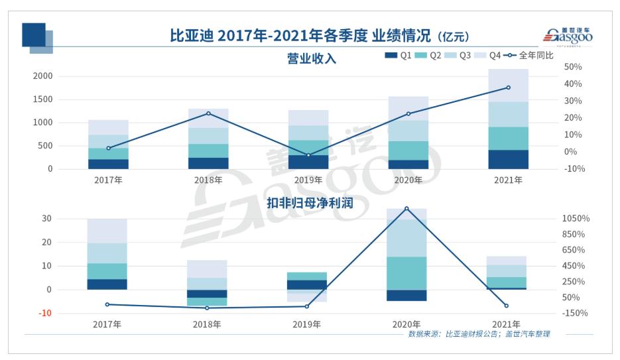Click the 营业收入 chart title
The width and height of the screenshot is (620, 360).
[x=312, y=58]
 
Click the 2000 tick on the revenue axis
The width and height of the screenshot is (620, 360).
[x=42, y=76]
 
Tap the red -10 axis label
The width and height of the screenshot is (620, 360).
[x=44, y=313]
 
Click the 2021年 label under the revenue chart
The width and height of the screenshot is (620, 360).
[x=509, y=180]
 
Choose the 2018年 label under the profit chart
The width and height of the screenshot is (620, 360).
[x=207, y=324]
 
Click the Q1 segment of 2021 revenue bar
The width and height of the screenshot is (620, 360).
[x=509, y=159]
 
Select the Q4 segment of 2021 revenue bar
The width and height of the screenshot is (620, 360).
[x=509, y=85]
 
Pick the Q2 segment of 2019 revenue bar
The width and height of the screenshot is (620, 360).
[x=308, y=147]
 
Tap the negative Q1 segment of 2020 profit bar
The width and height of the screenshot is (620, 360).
[x=407, y=295]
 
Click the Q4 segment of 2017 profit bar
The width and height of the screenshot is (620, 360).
[x=107, y=231]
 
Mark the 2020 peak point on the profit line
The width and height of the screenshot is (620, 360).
[x=406, y=208]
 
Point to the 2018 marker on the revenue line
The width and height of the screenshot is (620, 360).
[x=208, y=113]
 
